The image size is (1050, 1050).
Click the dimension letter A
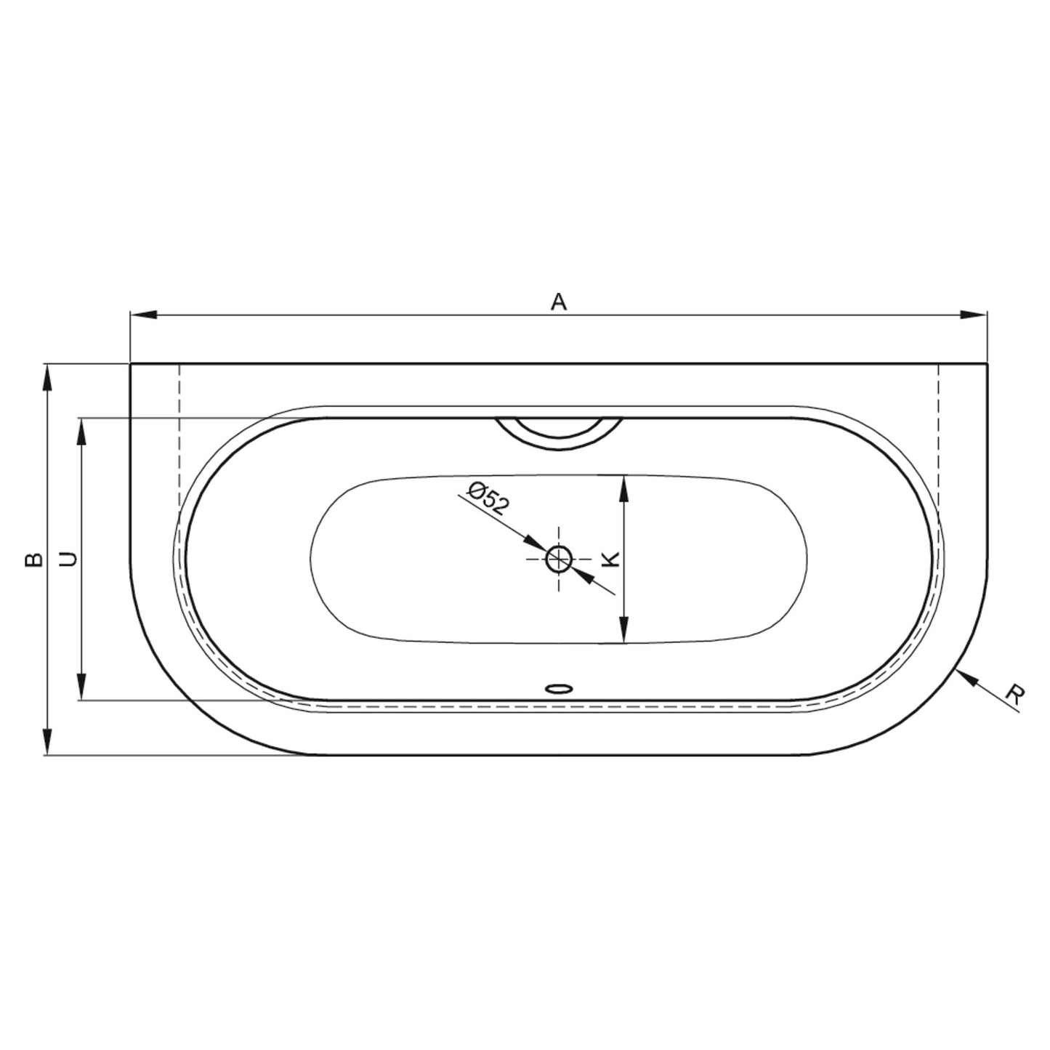559,302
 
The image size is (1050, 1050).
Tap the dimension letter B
33,560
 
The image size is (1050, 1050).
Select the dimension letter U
68,559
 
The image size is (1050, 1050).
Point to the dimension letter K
611,559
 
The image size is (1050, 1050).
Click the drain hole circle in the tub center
559,559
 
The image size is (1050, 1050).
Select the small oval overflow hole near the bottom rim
559,689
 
